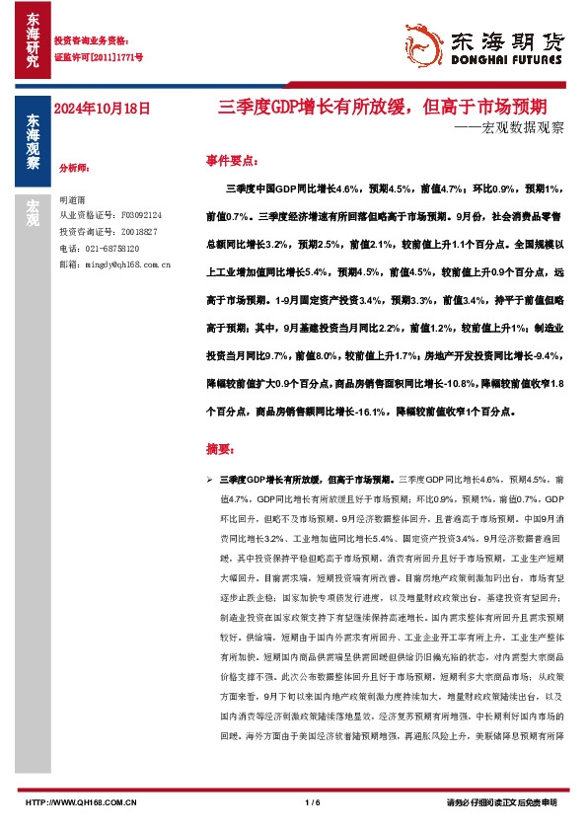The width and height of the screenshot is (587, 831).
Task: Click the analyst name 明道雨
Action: [x=73, y=199]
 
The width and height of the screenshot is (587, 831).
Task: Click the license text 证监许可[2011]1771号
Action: [x=98, y=57]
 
